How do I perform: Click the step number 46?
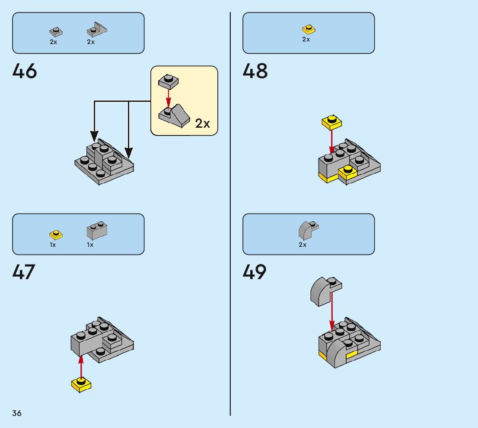(25, 71)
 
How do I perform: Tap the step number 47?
(24, 272)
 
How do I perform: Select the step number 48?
(255, 71)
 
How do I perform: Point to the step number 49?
(255, 272)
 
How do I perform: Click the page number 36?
(17, 413)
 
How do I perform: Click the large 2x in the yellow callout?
(202, 123)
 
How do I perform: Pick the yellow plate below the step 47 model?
(81, 384)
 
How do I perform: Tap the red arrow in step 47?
(81, 367)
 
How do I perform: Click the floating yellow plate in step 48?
(331, 123)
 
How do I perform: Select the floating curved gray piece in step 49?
(326, 291)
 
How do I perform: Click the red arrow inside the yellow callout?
(168, 98)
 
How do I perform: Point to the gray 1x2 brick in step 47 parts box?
(97, 230)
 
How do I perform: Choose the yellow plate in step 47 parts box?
(56, 235)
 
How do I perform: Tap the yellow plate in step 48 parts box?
(309, 29)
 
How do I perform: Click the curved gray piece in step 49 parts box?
(309, 230)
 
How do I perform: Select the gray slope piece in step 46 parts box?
(97, 29)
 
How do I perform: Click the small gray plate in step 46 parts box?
(56, 32)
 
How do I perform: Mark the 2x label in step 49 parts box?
(303, 245)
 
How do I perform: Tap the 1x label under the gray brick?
(90, 245)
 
